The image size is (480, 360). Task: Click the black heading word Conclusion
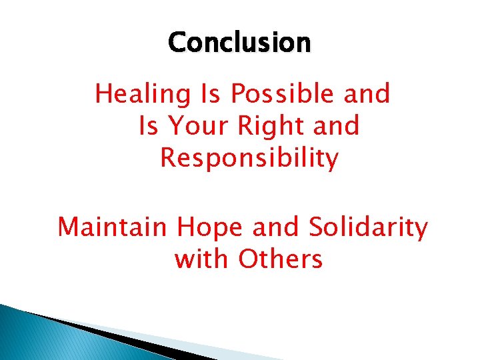pos(239,43)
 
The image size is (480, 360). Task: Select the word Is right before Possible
pos(211,95)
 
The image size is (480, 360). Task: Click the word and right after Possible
pos(367,95)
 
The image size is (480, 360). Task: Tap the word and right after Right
pos(336,126)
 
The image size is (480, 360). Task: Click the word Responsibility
pos(249,158)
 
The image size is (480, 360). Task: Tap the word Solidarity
pos(368,227)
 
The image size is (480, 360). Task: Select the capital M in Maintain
pos(69,228)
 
